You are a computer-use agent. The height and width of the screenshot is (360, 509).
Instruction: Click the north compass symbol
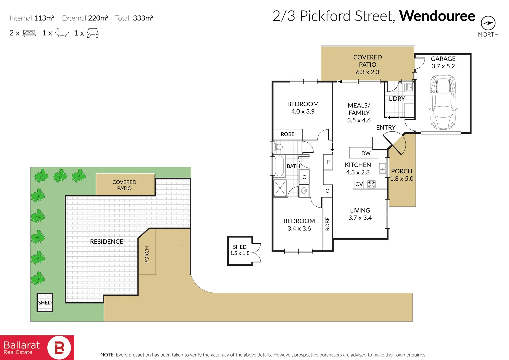[488, 23]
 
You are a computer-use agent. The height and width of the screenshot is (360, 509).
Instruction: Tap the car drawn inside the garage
[443, 102]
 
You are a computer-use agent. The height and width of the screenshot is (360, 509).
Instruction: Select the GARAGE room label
[443, 59]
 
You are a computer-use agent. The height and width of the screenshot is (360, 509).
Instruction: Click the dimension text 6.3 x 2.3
[367, 72]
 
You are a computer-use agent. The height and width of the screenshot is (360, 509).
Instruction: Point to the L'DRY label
[397, 99]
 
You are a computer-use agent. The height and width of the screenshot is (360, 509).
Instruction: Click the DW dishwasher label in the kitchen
[366, 153]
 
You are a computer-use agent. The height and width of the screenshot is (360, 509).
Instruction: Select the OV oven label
[359, 184]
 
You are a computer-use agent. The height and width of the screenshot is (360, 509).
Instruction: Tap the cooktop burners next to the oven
[371, 184]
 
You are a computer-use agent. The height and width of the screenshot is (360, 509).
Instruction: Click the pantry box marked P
[328, 162]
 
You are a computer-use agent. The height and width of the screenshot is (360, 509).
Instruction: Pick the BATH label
[293, 166]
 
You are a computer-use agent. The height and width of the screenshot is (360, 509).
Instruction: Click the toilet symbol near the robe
[278, 147]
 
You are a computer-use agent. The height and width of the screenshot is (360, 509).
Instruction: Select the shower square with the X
[280, 188]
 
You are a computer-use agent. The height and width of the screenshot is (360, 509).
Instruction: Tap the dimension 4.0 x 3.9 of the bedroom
[303, 111]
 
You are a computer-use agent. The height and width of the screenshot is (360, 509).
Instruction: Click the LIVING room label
[360, 210]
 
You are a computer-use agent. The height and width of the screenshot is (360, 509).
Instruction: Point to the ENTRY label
[386, 127]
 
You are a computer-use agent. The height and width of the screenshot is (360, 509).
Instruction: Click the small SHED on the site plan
[45, 302]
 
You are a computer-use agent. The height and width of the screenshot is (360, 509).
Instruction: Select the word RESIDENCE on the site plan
[106, 242]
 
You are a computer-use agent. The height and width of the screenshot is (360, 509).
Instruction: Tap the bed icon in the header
[29, 33]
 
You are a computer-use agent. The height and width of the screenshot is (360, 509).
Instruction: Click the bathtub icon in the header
[62, 33]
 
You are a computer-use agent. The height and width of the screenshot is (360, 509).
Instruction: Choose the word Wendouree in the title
[437, 16]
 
